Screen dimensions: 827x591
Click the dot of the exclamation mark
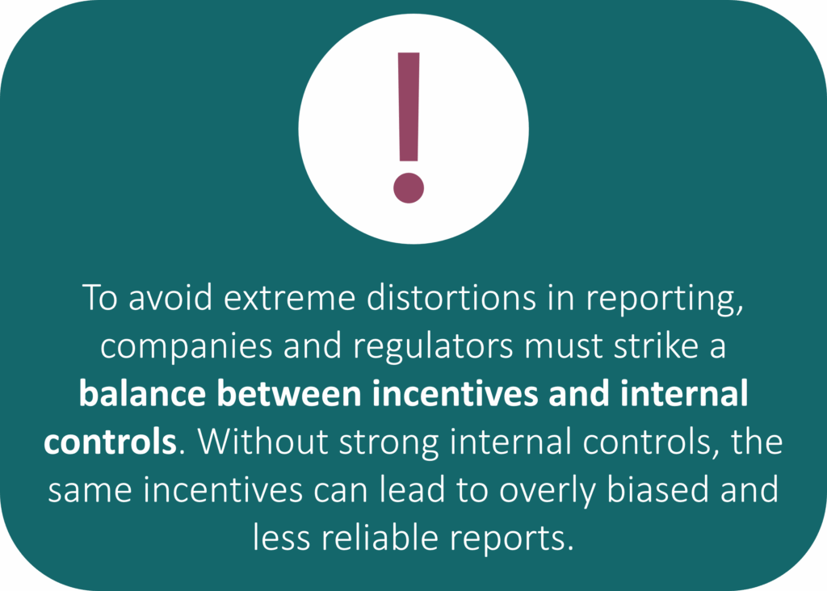tap(409, 187)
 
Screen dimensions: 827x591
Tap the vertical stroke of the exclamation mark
tap(409, 107)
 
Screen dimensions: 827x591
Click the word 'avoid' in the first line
tap(170, 297)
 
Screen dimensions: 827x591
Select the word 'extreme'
tap(290, 299)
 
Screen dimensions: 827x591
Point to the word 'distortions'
tap(451, 297)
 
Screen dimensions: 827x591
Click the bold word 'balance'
tap(142, 393)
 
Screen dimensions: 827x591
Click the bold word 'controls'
tap(110, 442)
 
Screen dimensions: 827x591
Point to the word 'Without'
tap(263, 441)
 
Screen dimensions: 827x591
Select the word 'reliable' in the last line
tap(380, 537)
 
